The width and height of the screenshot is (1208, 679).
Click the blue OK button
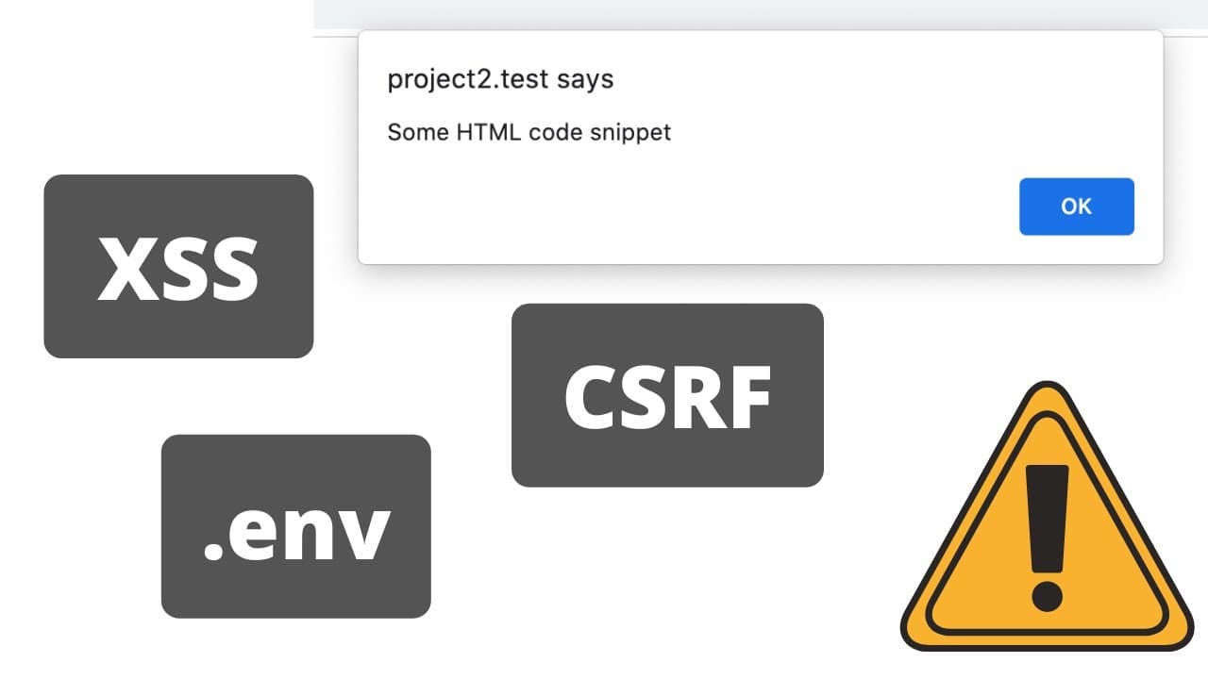[1077, 207]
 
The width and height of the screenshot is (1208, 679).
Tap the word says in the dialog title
[585, 81]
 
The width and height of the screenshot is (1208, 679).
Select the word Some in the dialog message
[418, 132]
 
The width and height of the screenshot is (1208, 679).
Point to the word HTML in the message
[489, 132]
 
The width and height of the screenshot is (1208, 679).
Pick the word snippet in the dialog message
[630, 133]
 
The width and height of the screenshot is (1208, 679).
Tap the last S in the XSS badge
[233, 269]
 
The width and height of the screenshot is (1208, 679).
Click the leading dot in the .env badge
[213, 550]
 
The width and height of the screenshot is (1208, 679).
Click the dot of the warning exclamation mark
[1048, 597]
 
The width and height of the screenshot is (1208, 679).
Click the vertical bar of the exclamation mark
[1048, 519]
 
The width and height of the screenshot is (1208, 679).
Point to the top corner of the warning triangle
[1048, 383]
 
